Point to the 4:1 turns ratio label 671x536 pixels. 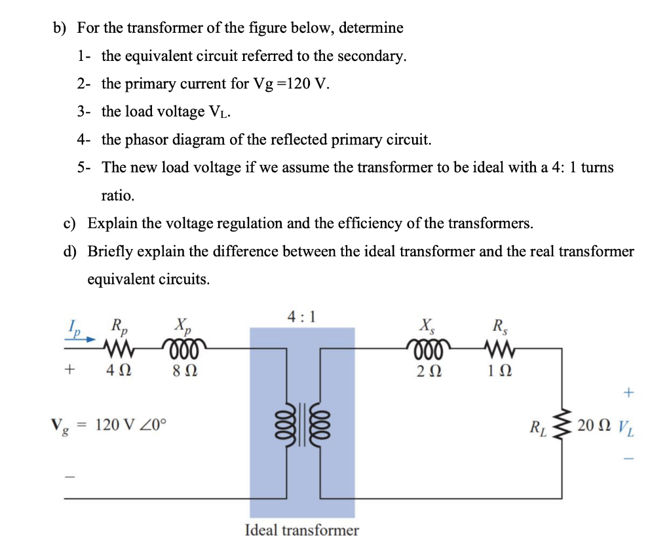[301, 317]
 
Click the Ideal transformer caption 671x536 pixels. [301, 529]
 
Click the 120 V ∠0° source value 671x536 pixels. [131, 424]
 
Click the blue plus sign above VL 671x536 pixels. [628, 392]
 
